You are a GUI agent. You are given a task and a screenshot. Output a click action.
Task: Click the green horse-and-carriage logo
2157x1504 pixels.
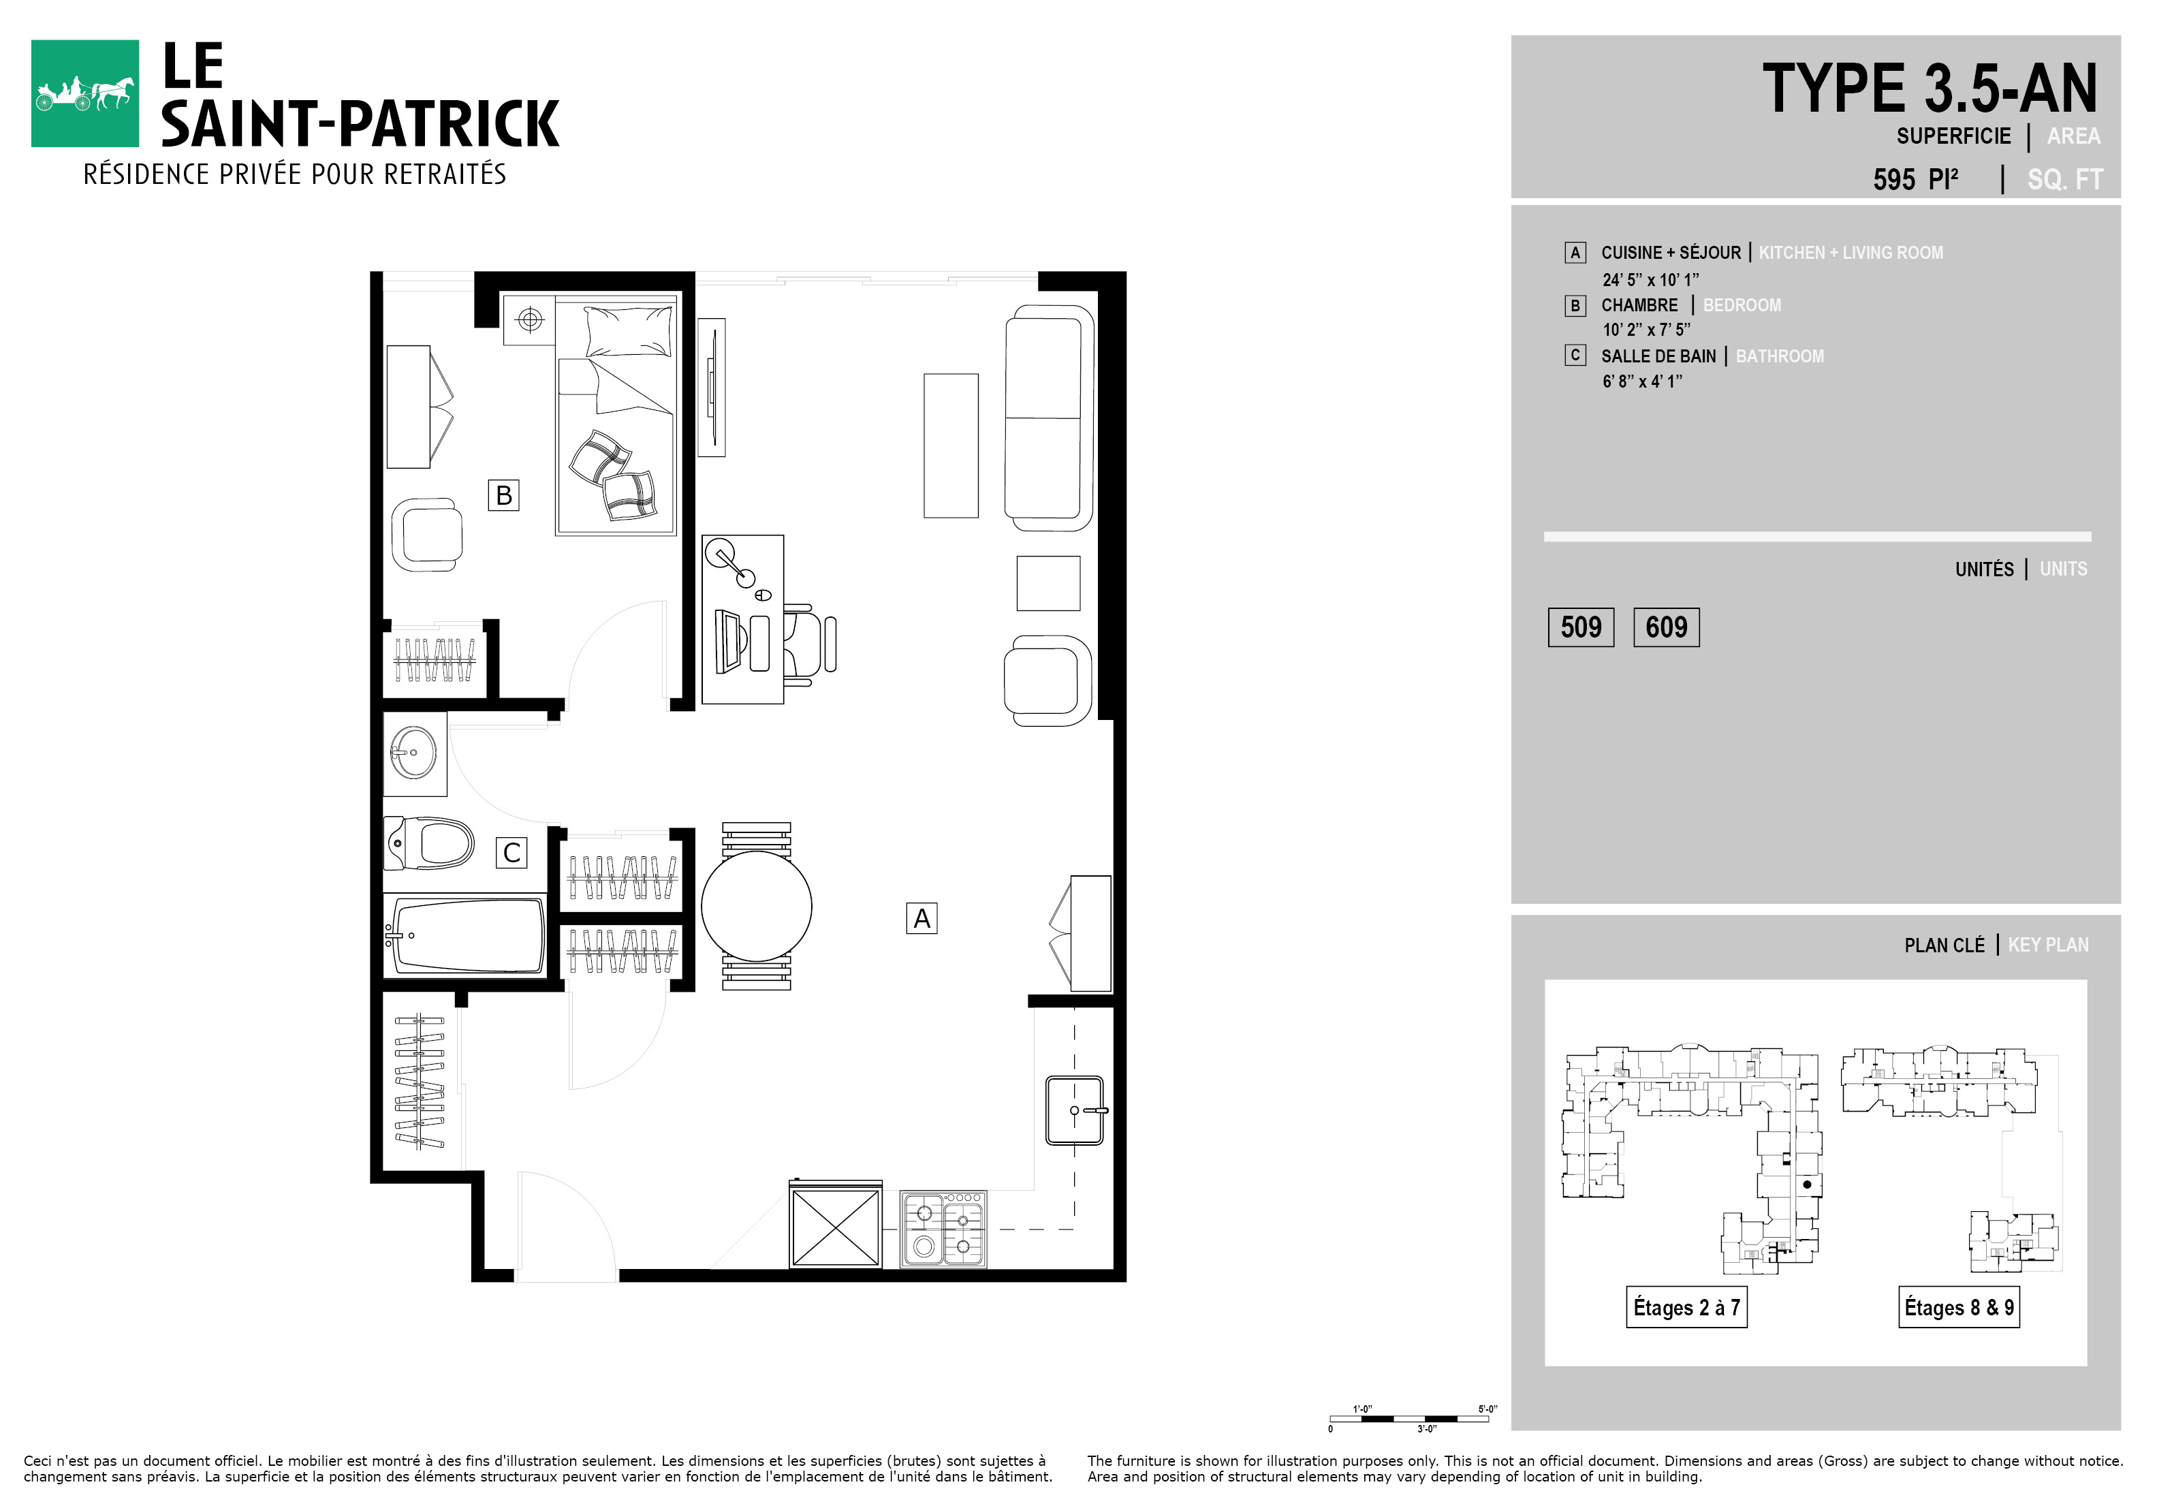pos(84,93)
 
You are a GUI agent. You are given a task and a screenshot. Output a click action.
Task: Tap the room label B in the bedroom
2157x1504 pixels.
pos(503,495)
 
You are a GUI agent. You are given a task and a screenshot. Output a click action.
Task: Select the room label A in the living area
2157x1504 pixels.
pos(922,918)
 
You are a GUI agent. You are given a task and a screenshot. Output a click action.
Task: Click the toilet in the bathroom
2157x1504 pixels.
pos(428,843)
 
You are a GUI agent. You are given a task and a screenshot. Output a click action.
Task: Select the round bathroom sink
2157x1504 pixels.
pos(413,753)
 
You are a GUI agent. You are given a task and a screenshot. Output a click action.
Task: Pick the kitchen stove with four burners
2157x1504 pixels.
pos(943,1229)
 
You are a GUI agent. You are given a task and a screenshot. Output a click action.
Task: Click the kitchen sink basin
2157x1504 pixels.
pos(1074,1110)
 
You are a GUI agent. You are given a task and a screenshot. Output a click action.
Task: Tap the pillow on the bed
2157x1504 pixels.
pos(629,330)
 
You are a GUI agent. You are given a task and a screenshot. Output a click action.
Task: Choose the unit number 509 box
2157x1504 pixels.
pos(1581,627)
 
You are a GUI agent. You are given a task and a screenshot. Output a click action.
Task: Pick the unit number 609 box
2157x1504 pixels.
pos(1667,627)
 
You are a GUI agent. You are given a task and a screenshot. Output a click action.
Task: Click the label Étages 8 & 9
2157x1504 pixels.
pos(1959,1308)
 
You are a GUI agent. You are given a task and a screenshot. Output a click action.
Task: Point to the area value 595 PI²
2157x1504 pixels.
pos(1916,179)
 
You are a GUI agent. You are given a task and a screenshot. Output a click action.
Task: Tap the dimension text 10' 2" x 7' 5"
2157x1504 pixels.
pos(1646,330)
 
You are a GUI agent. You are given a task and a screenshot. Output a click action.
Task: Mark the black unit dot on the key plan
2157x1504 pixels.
pos(1807,1185)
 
